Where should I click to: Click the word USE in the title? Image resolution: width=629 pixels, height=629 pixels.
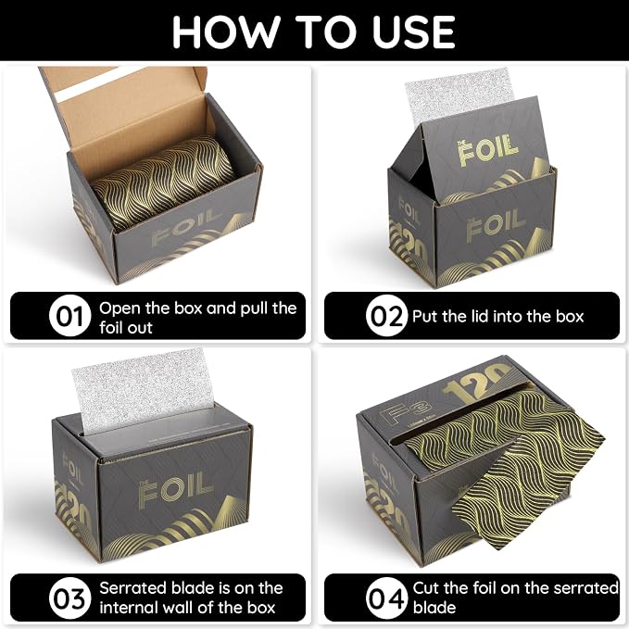413,32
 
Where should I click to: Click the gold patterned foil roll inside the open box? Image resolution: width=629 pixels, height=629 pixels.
162,182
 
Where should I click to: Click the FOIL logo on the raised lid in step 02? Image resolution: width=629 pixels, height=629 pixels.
487,149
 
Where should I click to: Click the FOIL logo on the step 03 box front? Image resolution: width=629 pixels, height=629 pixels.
176,490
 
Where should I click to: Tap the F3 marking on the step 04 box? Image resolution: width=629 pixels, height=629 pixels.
404,412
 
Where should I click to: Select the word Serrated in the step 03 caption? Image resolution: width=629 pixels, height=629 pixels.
135,588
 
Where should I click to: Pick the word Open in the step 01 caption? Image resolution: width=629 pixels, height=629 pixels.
120,308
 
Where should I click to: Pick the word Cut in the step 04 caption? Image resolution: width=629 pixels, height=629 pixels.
426,588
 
